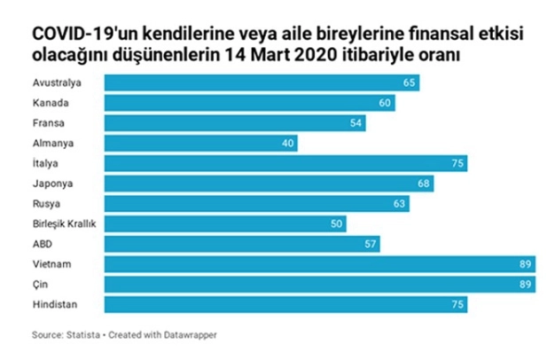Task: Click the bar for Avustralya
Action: point(262,82)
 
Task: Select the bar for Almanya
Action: point(201,143)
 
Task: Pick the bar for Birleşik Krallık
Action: point(225,223)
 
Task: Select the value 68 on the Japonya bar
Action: point(424,184)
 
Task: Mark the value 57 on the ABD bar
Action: point(371,244)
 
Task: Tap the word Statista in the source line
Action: point(83,335)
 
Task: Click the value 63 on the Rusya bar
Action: point(400,204)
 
